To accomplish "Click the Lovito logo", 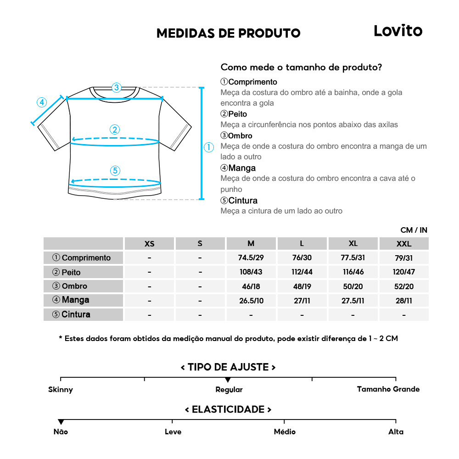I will pos(397,31).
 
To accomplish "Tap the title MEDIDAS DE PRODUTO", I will pos(228,34).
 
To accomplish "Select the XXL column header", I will pos(404,244).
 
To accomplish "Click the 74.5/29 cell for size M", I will pos(251,258).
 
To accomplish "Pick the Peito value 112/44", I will pos(302,272).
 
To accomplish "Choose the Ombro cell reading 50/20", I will pos(353,286).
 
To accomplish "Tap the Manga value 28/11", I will pos(404,300).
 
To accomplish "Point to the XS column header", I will pos(149,244).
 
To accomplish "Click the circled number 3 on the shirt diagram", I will pos(117,87).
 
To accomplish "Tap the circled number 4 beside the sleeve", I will pos(42,102).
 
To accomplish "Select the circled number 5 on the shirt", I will pos(115,171).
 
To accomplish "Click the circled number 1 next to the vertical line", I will pos(209,147).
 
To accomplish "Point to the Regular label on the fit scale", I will pos(229,390).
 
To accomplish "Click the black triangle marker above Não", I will pos(61,422).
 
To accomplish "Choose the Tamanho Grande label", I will pos(388,389).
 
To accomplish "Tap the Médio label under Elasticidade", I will pos(285,432).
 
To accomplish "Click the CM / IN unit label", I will pos(414,230).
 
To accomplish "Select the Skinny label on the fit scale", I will pos(61,390).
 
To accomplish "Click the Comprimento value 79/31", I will pos(404,258).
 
